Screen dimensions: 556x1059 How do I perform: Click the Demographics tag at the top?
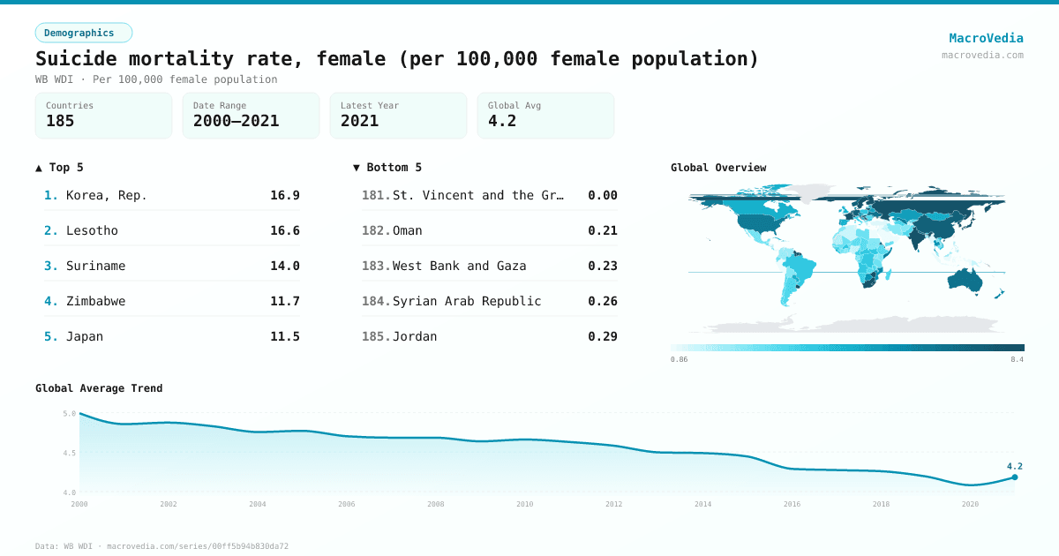click(x=83, y=33)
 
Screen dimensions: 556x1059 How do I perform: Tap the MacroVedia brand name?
click(x=986, y=38)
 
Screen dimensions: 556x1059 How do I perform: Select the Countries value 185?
click(x=60, y=121)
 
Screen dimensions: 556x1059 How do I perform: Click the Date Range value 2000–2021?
click(x=236, y=121)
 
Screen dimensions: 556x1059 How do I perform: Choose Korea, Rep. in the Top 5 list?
click(x=107, y=195)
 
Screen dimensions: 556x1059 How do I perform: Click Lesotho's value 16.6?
click(x=284, y=230)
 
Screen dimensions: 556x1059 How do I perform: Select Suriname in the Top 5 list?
click(x=95, y=266)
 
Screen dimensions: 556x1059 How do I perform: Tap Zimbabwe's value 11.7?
click(x=284, y=301)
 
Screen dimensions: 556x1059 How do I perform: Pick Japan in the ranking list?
click(x=85, y=336)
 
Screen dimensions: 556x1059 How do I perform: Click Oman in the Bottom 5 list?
click(x=408, y=230)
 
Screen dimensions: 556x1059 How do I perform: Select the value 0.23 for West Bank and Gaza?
click(x=603, y=266)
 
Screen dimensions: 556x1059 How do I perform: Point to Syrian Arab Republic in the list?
click(x=467, y=301)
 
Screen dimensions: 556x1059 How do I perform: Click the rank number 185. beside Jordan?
click(x=376, y=336)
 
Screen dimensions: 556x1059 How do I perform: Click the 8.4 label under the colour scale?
click(x=1017, y=360)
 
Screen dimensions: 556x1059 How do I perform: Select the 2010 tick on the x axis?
click(x=525, y=504)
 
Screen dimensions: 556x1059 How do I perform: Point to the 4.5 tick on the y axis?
click(x=70, y=453)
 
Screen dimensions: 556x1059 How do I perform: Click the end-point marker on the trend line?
click(x=1015, y=477)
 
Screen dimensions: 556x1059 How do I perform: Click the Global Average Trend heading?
click(x=99, y=388)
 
